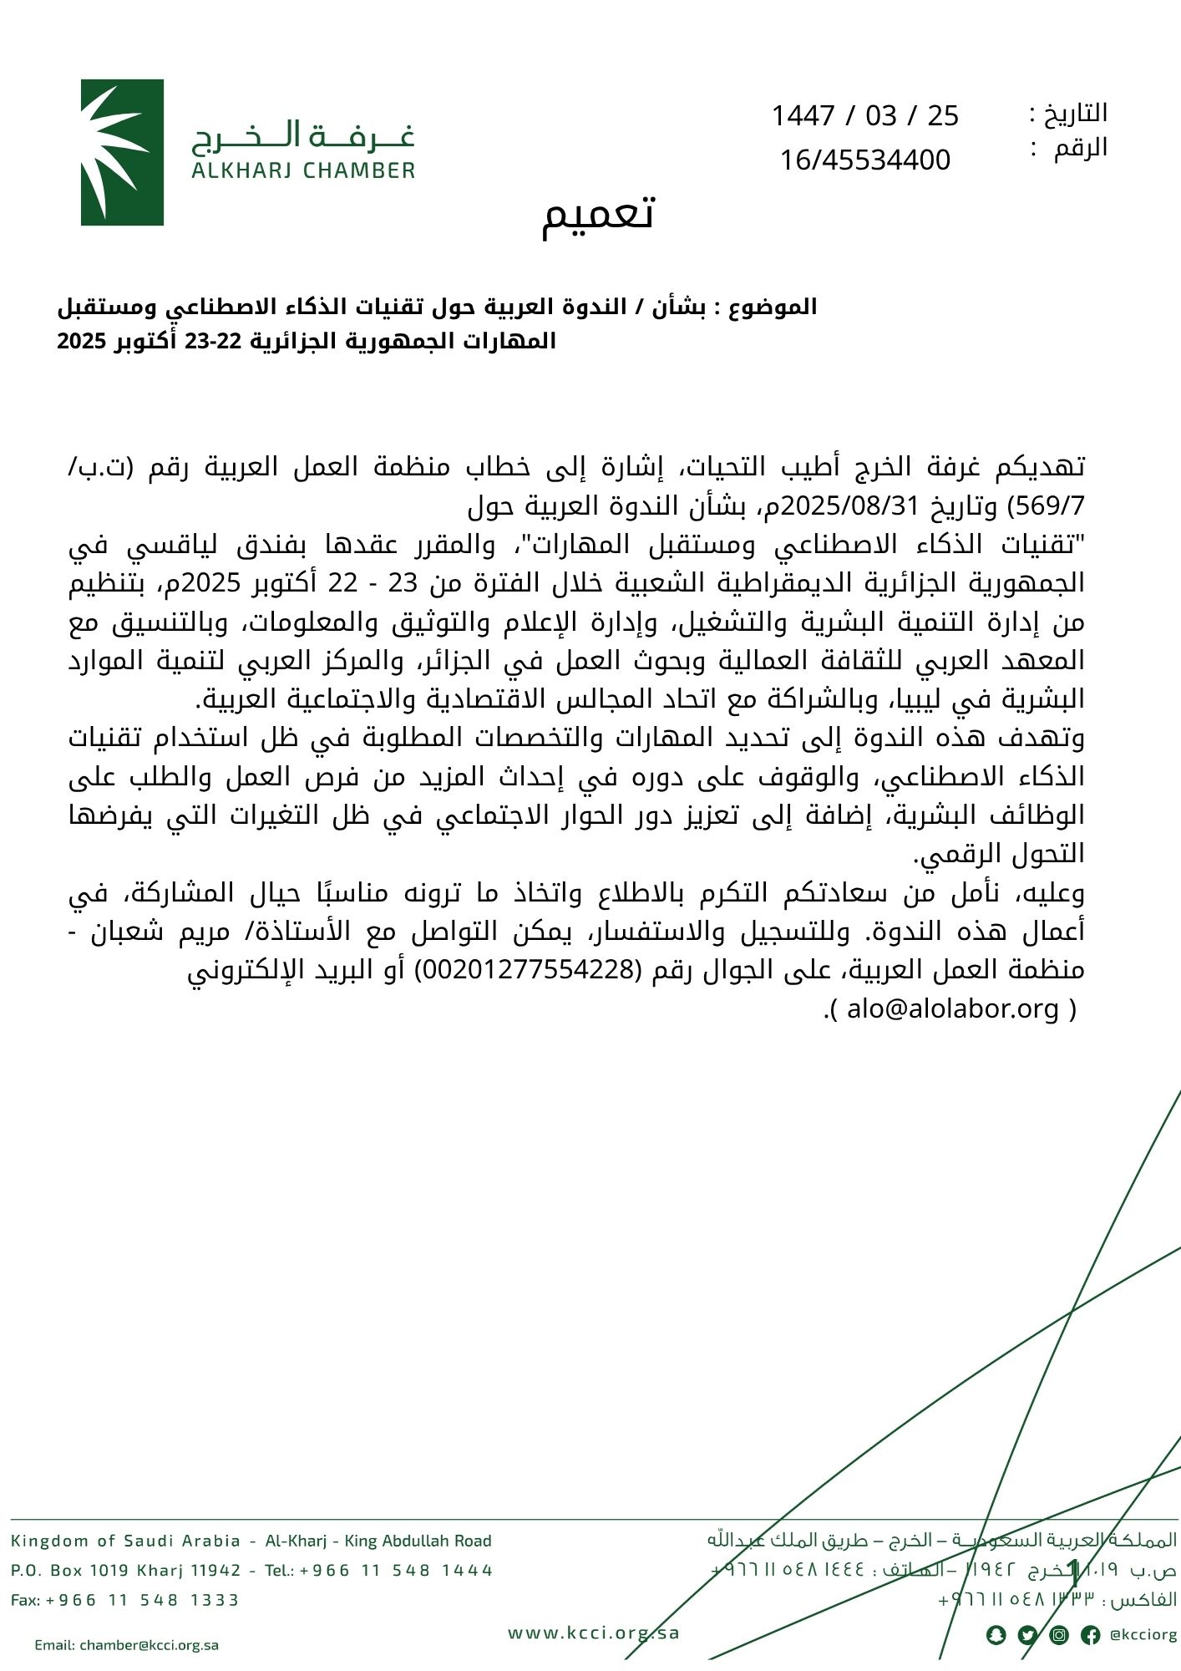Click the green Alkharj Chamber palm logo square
(122, 152)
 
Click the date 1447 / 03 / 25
(864, 115)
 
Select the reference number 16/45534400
(864, 160)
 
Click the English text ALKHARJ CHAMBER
(303, 171)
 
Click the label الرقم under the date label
(1080, 149)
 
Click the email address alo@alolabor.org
(953, 1009)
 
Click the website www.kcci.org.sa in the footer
(594, 1633)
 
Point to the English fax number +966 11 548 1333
(142, 1600)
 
